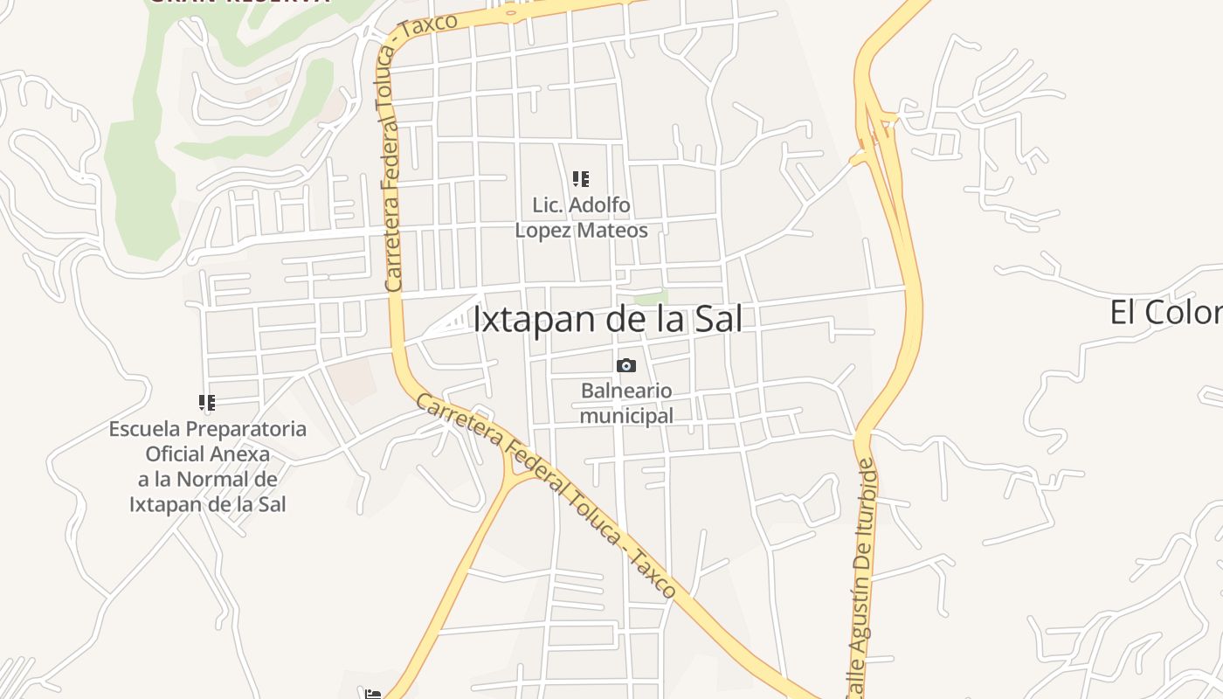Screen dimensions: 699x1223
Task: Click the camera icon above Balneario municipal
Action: [x=625, y=365]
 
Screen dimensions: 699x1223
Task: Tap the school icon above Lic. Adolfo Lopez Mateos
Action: [x=580, y=179]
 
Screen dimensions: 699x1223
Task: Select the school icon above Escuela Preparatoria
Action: [x=207, y=403]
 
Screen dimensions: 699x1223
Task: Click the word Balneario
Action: [x=626, y=391]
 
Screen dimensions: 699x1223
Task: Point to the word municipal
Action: [x=626, y=416]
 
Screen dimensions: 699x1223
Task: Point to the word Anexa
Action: [x=241, y=454]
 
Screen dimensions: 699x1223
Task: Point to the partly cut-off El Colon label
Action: [x=1165, y=312]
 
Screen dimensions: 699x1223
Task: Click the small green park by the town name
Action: [x=650, y=298]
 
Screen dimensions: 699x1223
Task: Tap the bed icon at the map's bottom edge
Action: [x=373, y=694]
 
